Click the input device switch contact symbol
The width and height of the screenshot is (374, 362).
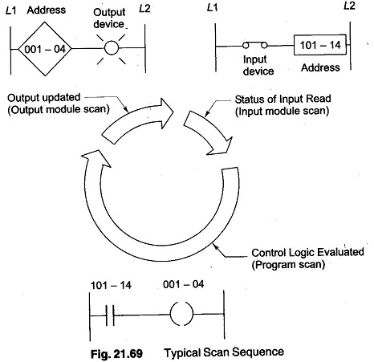(254, 46)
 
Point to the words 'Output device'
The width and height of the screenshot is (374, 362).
(109, 18)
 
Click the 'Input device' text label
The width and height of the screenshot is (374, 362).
(258, 65)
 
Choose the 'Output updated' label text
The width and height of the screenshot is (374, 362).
(44, 97)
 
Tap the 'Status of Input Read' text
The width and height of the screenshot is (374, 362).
(283, 99)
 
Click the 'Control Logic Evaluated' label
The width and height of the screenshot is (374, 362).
(307, 252)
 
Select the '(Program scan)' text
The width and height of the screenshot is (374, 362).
(288, 265)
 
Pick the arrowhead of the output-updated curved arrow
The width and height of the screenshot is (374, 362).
(167, 112)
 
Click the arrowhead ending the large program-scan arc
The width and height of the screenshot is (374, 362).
(97, 158)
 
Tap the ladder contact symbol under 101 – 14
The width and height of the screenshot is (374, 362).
(110, 315)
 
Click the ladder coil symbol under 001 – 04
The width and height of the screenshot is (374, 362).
(181, 314)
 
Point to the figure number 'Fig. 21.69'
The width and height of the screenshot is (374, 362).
(116, 354)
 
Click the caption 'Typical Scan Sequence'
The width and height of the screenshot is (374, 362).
(224, 352)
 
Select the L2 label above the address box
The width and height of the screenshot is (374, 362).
(349, 6)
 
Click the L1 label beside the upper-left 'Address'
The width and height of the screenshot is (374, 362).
(11, 10)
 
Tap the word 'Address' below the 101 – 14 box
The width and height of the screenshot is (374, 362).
(320, 67)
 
